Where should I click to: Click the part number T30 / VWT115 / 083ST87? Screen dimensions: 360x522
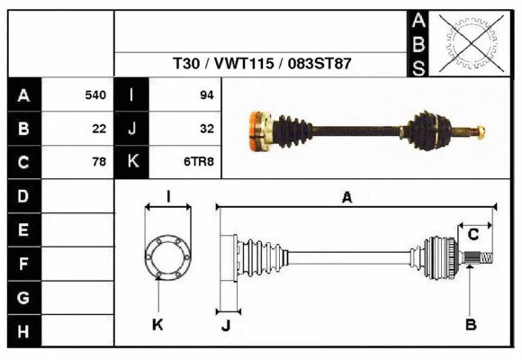262,64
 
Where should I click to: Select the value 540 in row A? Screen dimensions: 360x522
94,94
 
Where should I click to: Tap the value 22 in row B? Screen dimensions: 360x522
99,129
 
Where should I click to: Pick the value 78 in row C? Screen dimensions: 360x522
99,162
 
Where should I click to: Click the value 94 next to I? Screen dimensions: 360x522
206,94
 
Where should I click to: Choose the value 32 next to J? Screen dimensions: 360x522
206,129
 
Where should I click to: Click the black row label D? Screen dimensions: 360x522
23,195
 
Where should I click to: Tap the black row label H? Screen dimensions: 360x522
23,332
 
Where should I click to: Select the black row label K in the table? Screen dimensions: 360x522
132,162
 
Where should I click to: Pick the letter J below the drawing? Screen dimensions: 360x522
226,325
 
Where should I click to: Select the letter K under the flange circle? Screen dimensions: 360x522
157,324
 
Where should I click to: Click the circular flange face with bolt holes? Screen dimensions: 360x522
167,256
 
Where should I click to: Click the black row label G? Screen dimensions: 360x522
23,298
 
